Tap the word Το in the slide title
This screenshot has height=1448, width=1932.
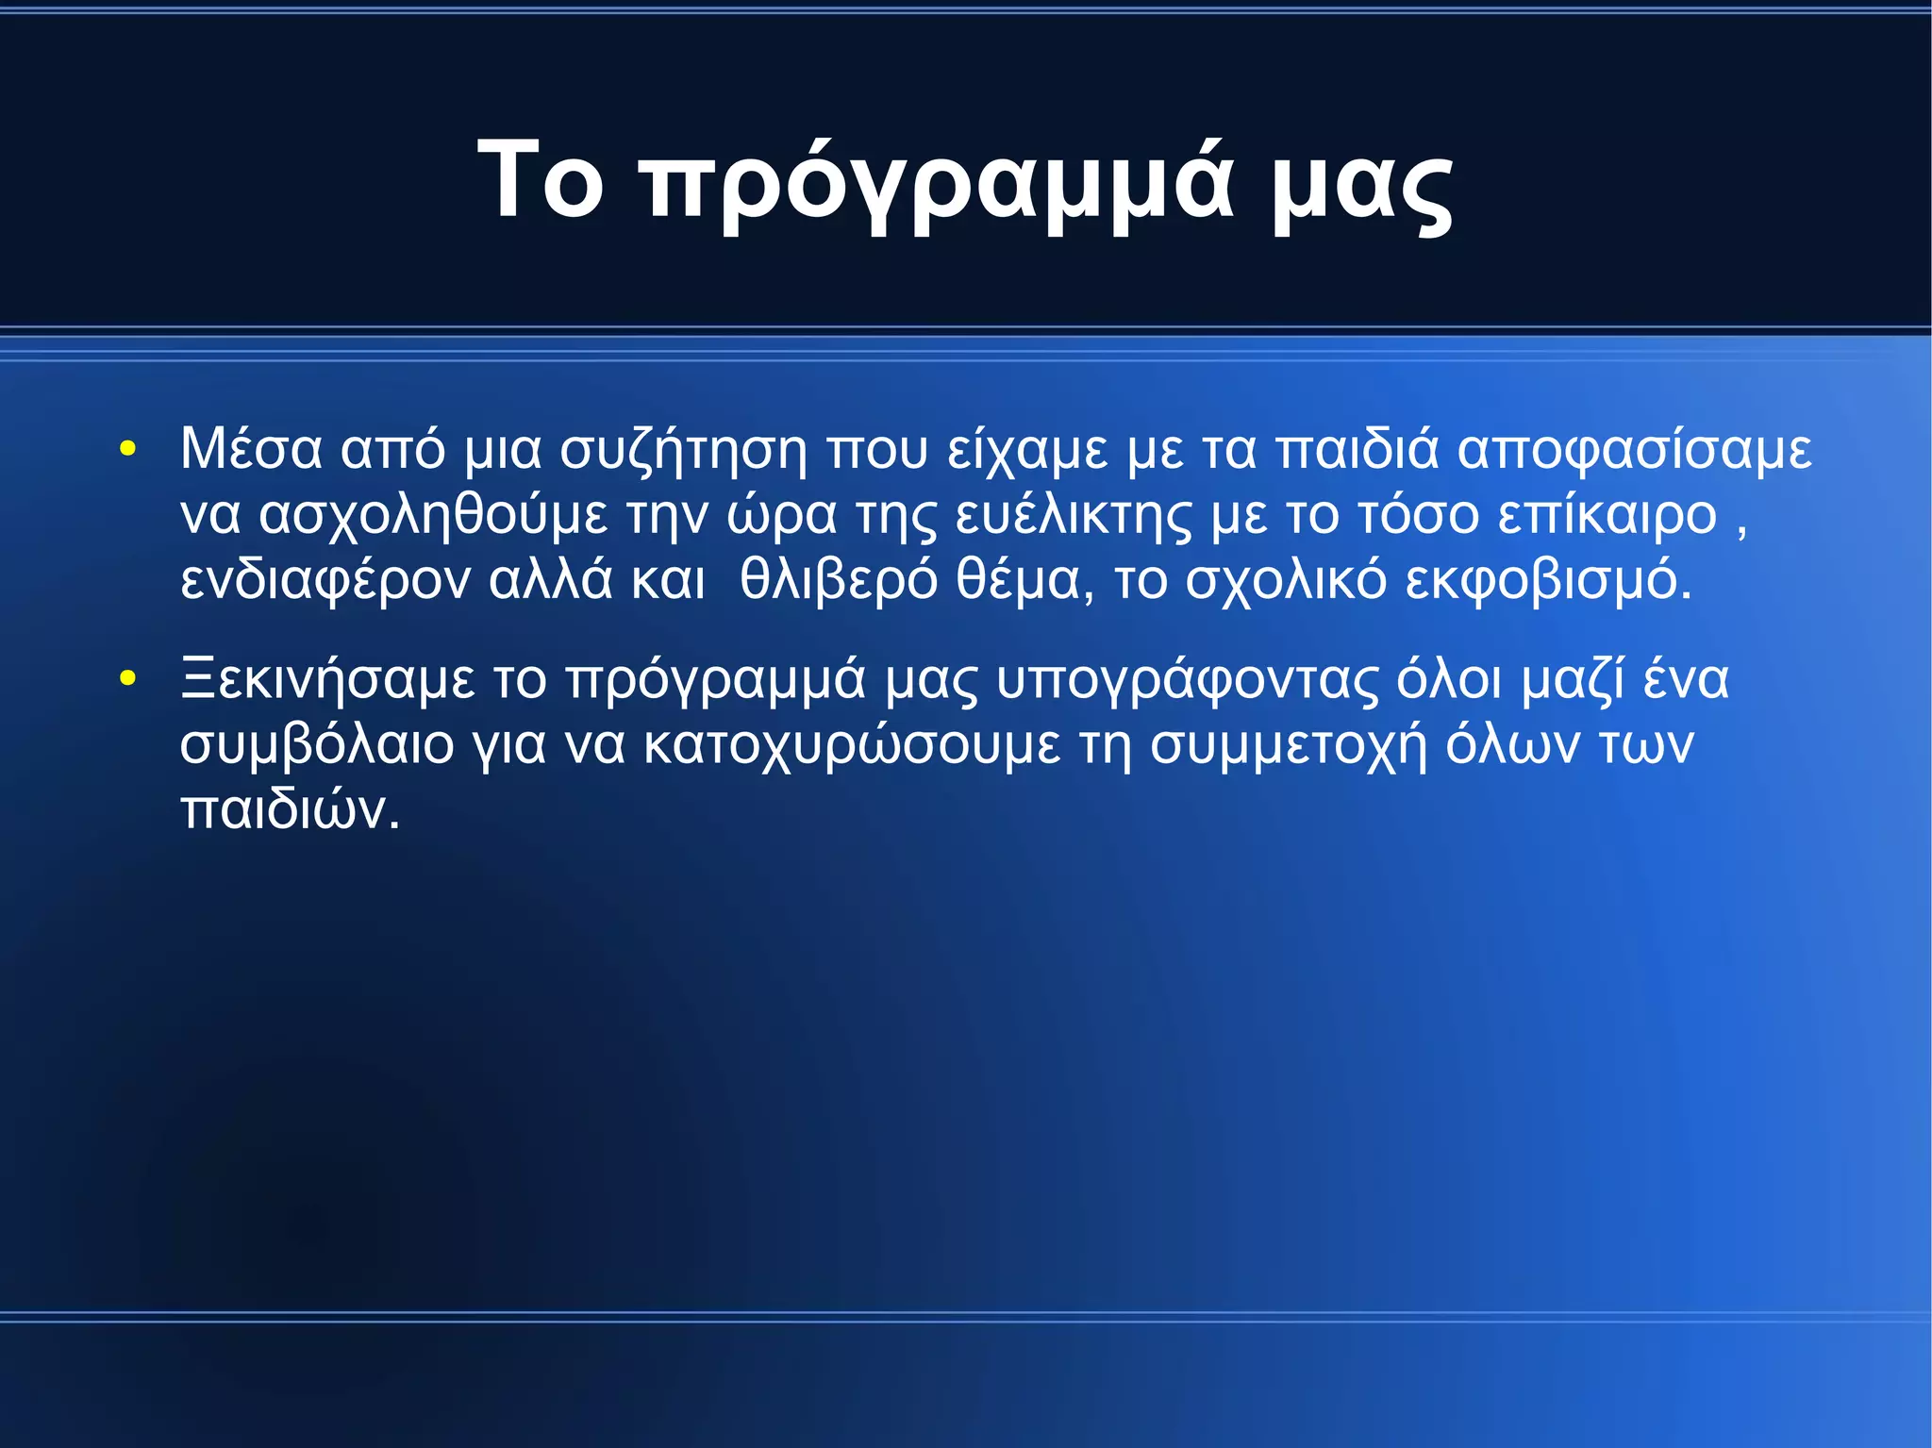(540, 179)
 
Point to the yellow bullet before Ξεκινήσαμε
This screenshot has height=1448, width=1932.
(128, 678)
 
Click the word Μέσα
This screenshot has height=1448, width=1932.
(251, 448)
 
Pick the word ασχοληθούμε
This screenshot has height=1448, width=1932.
(433, 516)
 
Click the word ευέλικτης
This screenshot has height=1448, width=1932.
(1074, 516)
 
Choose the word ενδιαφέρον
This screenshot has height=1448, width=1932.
(325, 581)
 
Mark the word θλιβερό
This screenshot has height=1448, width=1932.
(839, 579)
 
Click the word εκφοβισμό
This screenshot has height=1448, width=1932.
(1547, 581)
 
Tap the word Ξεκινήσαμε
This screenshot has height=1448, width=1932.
(327, 680)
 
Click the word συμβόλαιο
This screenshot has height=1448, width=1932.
(317, 745)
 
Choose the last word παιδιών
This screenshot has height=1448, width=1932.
(290, 809)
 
